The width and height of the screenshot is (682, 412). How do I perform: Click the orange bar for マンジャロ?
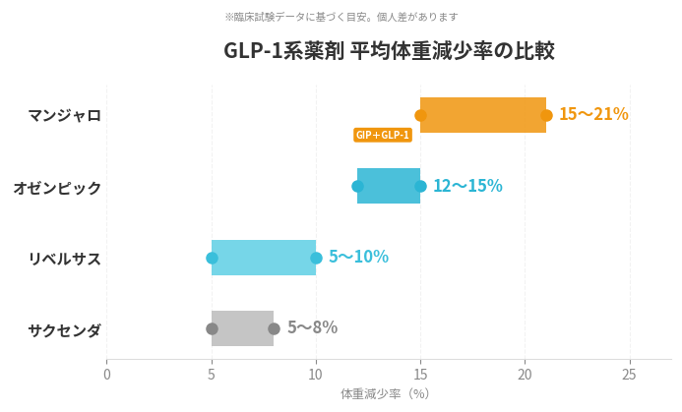pos(482,115)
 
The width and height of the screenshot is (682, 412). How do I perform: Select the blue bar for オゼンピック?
pos(389,186)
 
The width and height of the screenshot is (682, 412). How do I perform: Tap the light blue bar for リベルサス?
pos(264,258)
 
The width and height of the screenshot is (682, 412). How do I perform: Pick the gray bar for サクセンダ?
pos(242,328)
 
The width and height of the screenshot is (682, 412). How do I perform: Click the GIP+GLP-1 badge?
pos(383,135)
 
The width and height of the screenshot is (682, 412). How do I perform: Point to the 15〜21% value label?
pos(593,114)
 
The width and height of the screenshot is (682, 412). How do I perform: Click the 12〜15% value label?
pos(467,186)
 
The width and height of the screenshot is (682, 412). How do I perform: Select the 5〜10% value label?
pos(358,257)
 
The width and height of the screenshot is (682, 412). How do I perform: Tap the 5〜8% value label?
pos(312,327)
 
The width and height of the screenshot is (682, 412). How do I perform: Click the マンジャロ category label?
pos(65,115)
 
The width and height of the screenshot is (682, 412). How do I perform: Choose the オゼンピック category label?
pos(57,187)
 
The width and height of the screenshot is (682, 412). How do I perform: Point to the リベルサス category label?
pos(65,259)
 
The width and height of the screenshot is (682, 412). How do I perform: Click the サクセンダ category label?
pos(65,330)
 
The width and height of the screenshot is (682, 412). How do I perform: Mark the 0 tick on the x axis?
pos(107,374)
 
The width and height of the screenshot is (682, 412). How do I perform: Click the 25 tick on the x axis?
pos(629,374)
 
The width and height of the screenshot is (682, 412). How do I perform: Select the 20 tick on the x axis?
pos(525,374)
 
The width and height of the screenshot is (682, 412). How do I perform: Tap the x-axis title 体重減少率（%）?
pos(385,393)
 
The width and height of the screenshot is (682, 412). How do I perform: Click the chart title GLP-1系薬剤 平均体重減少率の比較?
pos(389,50)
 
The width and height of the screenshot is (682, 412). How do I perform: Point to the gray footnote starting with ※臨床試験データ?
pos(341,17)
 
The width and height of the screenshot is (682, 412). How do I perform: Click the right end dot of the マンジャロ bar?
pos(546,115)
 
